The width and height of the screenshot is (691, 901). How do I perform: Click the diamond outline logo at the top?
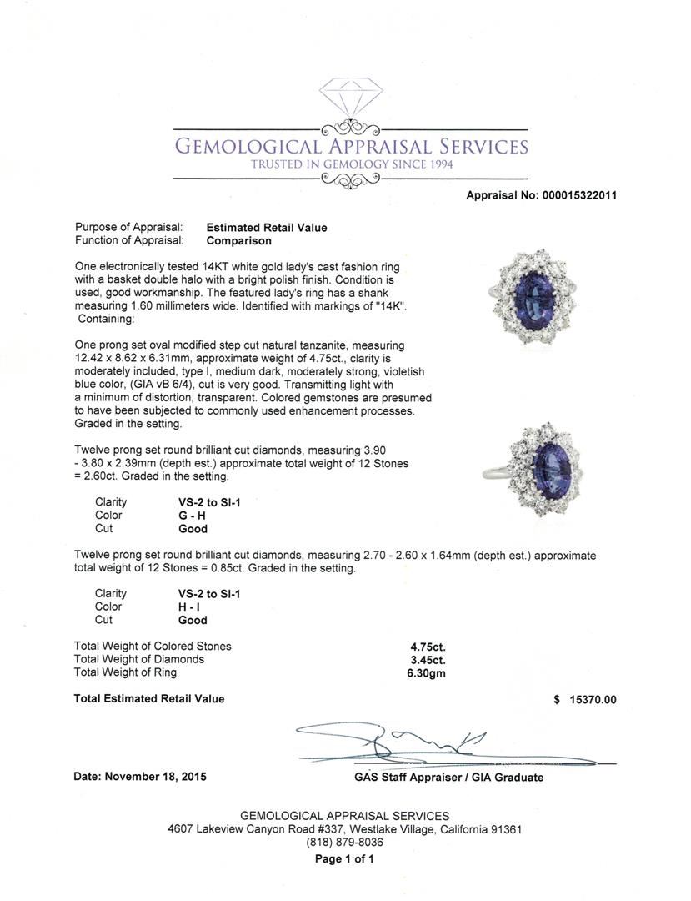[350, 98]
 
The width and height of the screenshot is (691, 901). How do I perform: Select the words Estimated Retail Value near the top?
[267, 228]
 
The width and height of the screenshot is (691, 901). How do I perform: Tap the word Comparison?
[238, 241]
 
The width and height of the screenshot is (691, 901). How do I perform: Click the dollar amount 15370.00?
[591, 700]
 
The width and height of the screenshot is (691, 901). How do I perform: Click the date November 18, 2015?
[155, 777]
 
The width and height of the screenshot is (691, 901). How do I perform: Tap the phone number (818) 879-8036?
[344, 843]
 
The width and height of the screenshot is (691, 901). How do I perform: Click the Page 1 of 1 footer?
[344, 859]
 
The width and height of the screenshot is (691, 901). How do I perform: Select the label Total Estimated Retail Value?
[149, 699]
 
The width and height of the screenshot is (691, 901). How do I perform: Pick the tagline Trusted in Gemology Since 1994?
[351, 164]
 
